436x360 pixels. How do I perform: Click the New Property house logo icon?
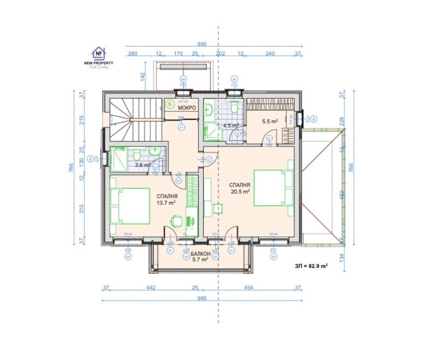tap(99, 53)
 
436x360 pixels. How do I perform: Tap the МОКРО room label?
tap(187, 107)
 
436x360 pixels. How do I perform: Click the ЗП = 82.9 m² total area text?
tap(311, 266)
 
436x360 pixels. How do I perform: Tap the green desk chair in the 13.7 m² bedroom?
tap(175, 221)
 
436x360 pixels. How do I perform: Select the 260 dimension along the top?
tap(132, 54)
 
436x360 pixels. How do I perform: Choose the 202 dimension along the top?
tap(221, 54)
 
